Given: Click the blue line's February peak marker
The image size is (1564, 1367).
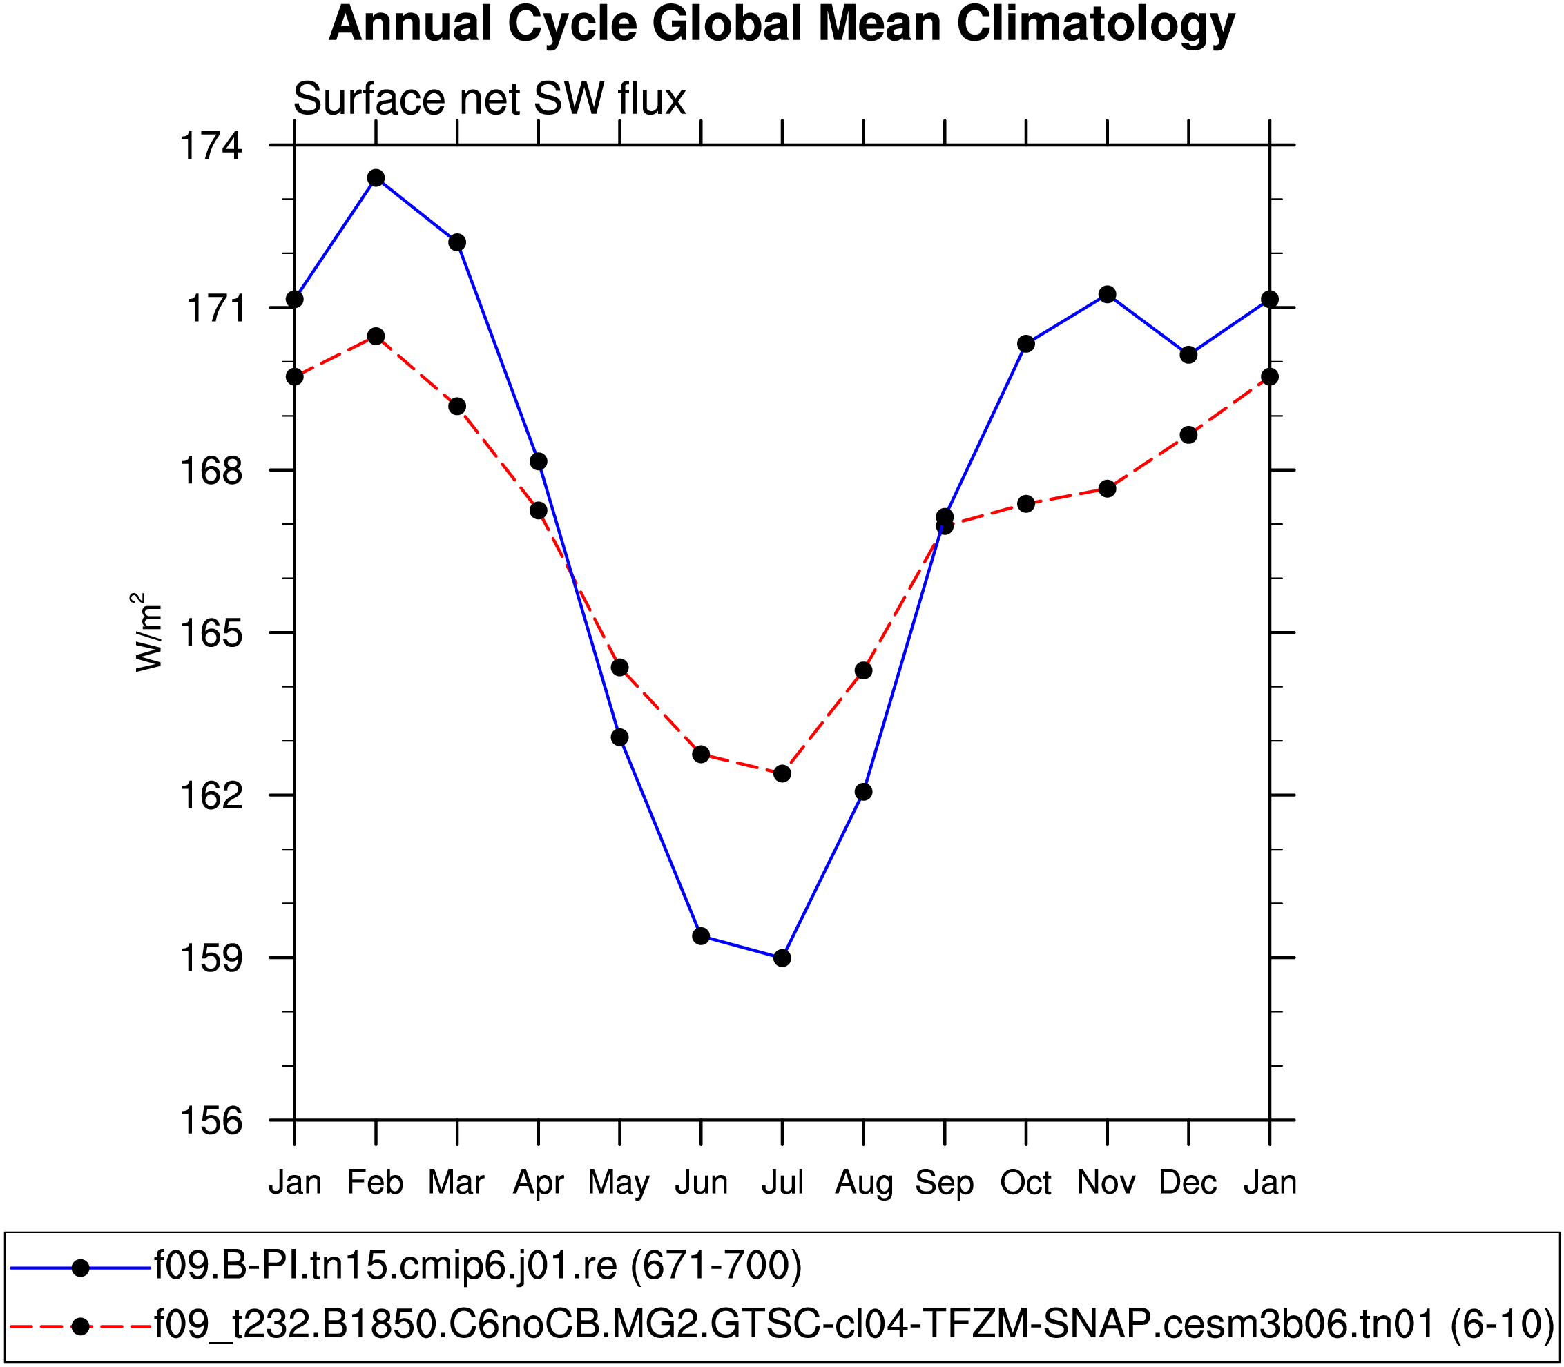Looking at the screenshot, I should [x=376, y=177].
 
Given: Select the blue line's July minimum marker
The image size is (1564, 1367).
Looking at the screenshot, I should [x=782, y=958].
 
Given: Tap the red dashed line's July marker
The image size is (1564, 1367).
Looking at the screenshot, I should [x=782, y=773].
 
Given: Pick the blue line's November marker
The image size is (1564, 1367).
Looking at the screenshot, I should [x=1108, y=294].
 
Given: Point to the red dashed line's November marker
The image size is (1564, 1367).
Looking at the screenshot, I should [x=1108, y=488].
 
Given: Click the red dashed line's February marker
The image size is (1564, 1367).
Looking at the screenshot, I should [x=376, y=336].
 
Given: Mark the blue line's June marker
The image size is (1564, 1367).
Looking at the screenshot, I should [x=701, y=936].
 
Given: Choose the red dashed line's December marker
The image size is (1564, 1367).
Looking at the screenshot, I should [x=1188, y=435].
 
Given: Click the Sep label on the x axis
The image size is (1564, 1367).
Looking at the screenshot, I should [x=945, y=1183].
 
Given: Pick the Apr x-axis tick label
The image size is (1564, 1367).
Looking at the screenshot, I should [x=538, y=1183].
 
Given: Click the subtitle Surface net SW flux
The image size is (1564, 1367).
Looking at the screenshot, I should [x=489, y=99].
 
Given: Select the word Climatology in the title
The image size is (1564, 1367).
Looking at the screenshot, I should [x=1096, y=24].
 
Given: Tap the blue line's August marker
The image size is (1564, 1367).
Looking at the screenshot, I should [x=864, y=792].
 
